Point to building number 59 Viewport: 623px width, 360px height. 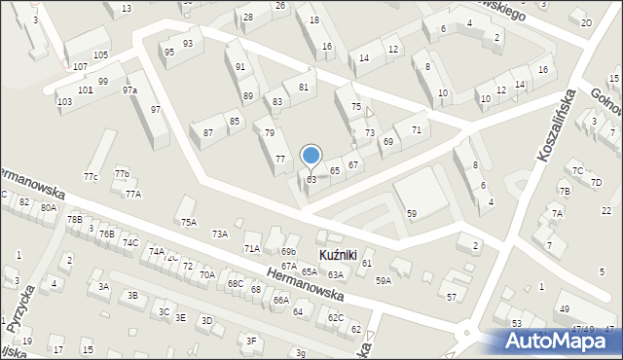pos(412,213)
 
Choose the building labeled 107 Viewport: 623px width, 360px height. pos(81,67)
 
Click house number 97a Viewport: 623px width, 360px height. pos(129,90)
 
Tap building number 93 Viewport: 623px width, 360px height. pos(187,44)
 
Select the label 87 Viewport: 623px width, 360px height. pos(208,132)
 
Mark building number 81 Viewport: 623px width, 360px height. pos(304,88)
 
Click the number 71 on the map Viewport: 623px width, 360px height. pos(416,129)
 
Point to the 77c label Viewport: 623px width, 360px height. pos(90,177)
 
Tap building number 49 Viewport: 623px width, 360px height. pos(564,308)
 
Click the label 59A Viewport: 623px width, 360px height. pos(384,281)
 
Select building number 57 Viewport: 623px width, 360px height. pos(451,297)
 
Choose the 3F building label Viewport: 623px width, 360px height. pos(251,341)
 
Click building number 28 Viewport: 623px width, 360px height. pos(248,18)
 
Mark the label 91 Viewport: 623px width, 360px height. pos(240,67)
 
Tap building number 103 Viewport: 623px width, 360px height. pos(64,101)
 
